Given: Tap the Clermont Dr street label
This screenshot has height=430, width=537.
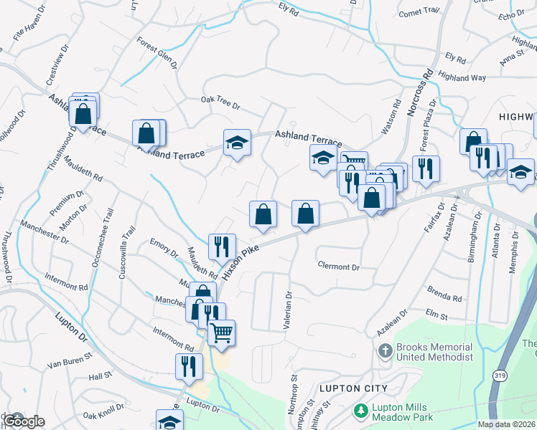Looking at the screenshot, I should pyautogui.click(x=337, y=267).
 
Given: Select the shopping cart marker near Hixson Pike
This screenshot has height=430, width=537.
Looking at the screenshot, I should pyautogui.click(x=221, y=333).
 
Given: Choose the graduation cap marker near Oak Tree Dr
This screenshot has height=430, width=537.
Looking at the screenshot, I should pyautogui.click(x=236, y=142).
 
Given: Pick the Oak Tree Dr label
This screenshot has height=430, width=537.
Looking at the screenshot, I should pyautogui.click(x=220, y=102).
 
